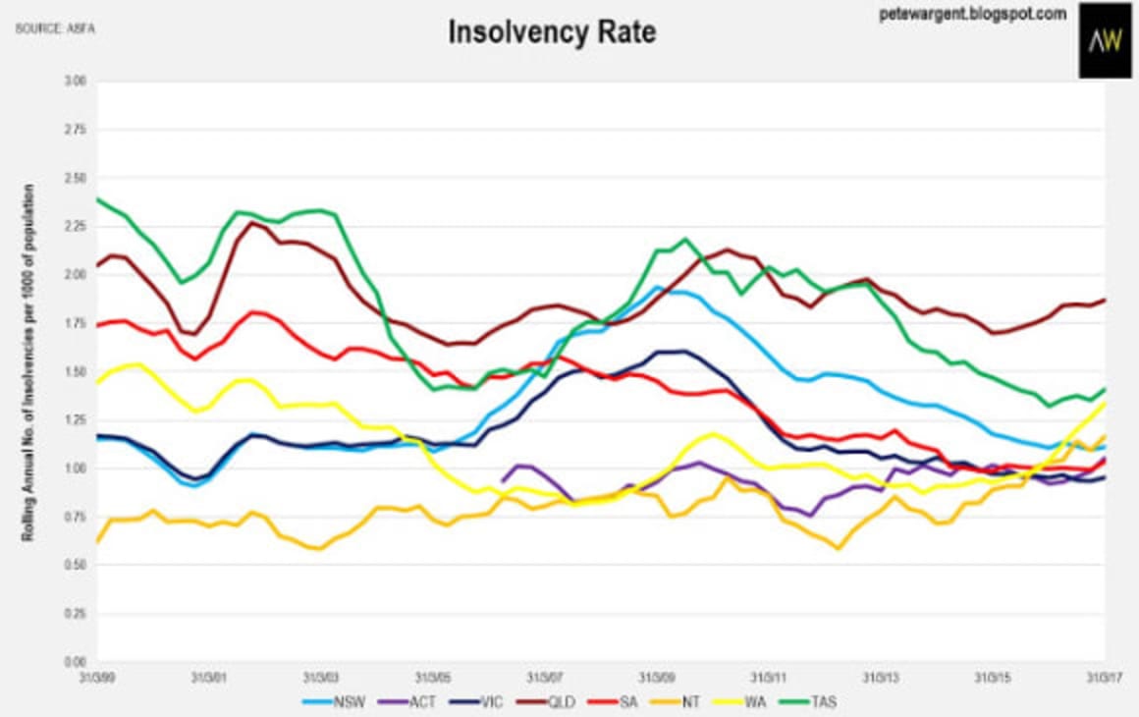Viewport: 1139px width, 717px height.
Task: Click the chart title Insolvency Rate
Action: pos(552,31)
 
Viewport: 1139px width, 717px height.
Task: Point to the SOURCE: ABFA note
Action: pos(48,28)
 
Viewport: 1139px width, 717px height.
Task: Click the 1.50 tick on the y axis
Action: pos(75,372)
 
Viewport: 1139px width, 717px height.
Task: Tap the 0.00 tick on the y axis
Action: pos(75,662)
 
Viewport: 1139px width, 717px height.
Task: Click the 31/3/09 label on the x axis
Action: pos(657,677)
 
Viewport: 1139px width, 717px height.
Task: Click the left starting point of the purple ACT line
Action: pos(503,481)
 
